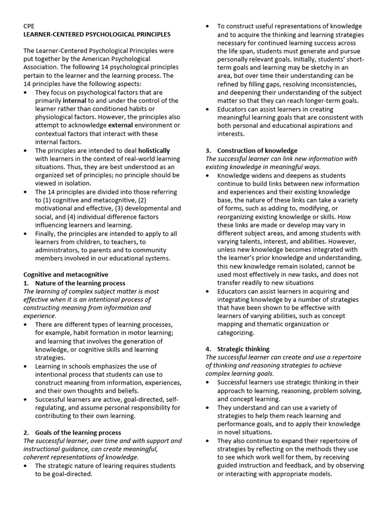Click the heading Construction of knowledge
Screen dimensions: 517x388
pyautogui.click(x=257, y=150)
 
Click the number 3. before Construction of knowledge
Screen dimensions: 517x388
pyautogui.click(x=208, y=150)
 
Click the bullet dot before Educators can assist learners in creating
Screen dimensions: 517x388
pyautogui.click(x=210, y=109)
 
